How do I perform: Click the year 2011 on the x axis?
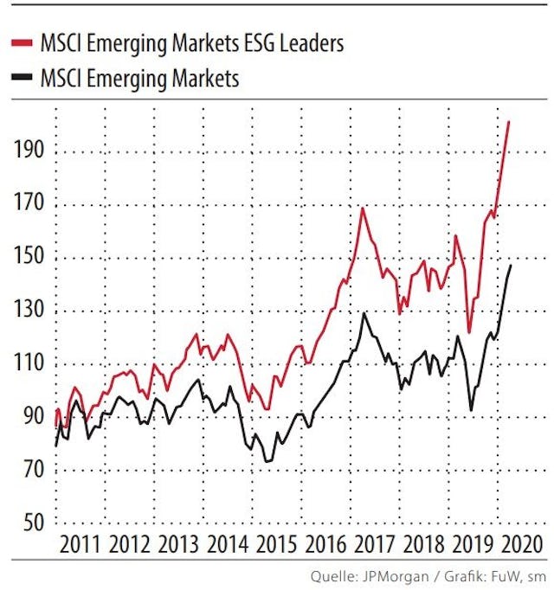[81, 545]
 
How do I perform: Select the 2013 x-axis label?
[179, 545]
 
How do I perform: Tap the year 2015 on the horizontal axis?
[277, 545]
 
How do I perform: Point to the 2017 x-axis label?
[375, 545]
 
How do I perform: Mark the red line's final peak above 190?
[509, 122]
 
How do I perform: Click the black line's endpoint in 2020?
[510, 266]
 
